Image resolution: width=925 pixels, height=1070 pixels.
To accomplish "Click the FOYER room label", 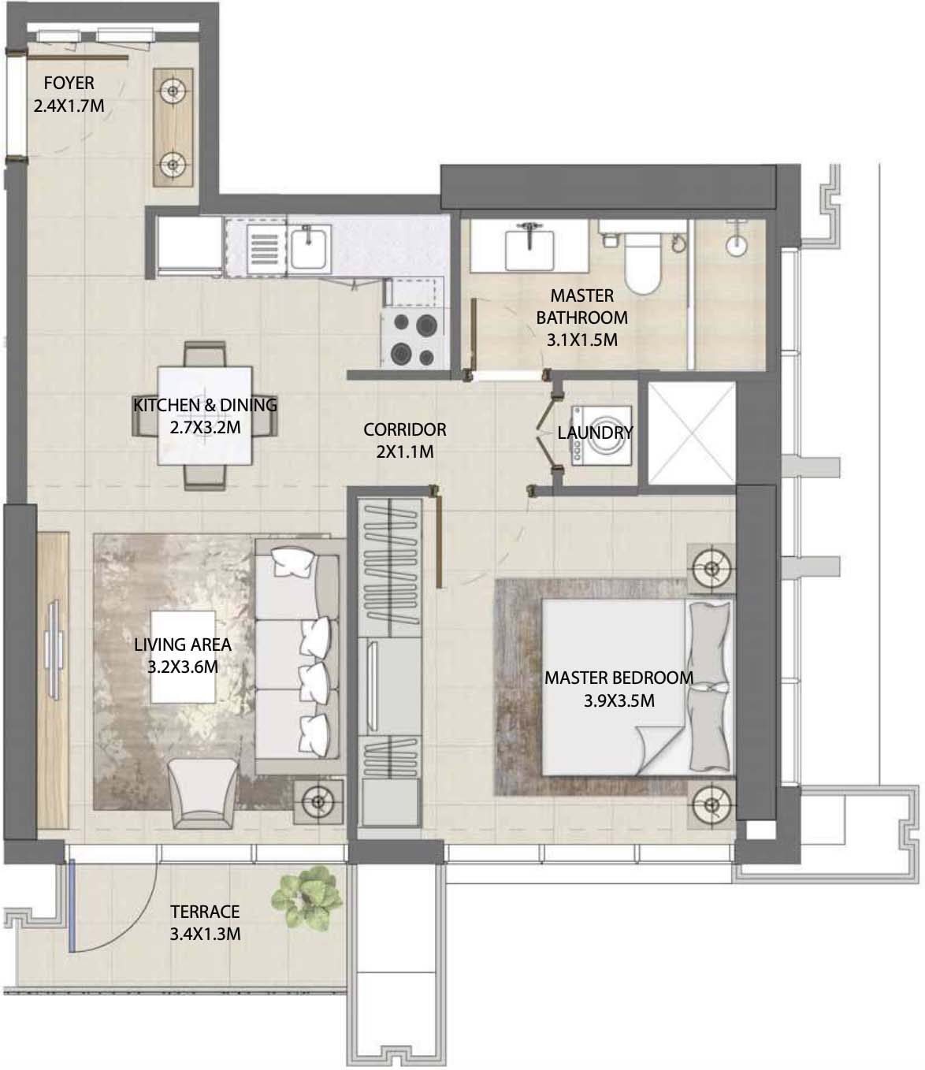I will click(69, 83).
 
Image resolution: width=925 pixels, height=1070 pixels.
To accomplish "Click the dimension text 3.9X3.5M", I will click(619, 700).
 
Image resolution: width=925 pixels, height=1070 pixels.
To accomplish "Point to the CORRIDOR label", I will click(404, 430).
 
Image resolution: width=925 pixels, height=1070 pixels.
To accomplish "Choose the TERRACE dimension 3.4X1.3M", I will click(205, 934).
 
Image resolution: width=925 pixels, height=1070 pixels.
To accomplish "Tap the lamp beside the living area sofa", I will click(318, 802).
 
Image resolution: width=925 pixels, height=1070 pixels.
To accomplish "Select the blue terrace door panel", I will click(70, 904).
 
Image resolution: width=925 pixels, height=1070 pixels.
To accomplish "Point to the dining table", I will click(205, 416).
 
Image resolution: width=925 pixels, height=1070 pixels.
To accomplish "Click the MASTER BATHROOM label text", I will click(581, 307).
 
